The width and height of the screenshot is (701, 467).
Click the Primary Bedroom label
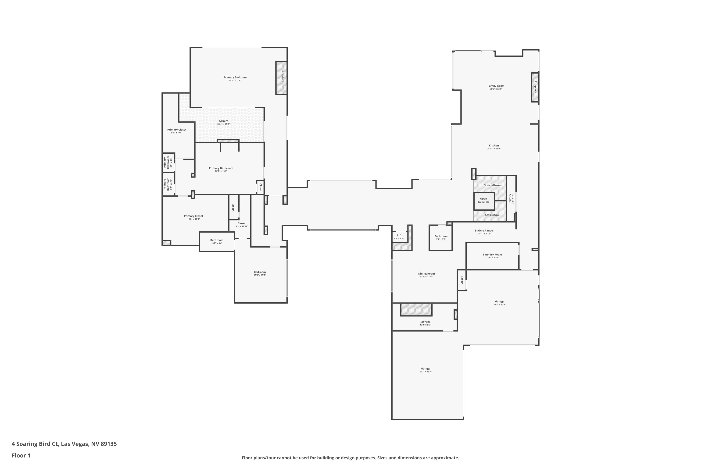coord(235,78)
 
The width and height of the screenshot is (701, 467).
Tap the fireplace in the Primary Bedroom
coord(281,78)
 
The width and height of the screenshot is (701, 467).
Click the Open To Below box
coord(483,200)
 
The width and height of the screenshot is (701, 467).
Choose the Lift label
coord(399,235)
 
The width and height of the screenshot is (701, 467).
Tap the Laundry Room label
coord(492,255)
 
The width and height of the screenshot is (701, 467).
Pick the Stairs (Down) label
coord(492,185)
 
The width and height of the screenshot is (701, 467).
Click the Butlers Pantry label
coord(484,230)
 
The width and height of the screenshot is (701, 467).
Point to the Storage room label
coord(425,322)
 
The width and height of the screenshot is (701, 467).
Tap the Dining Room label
coord(426,274)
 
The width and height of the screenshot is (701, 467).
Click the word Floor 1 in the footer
coord(21,455)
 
